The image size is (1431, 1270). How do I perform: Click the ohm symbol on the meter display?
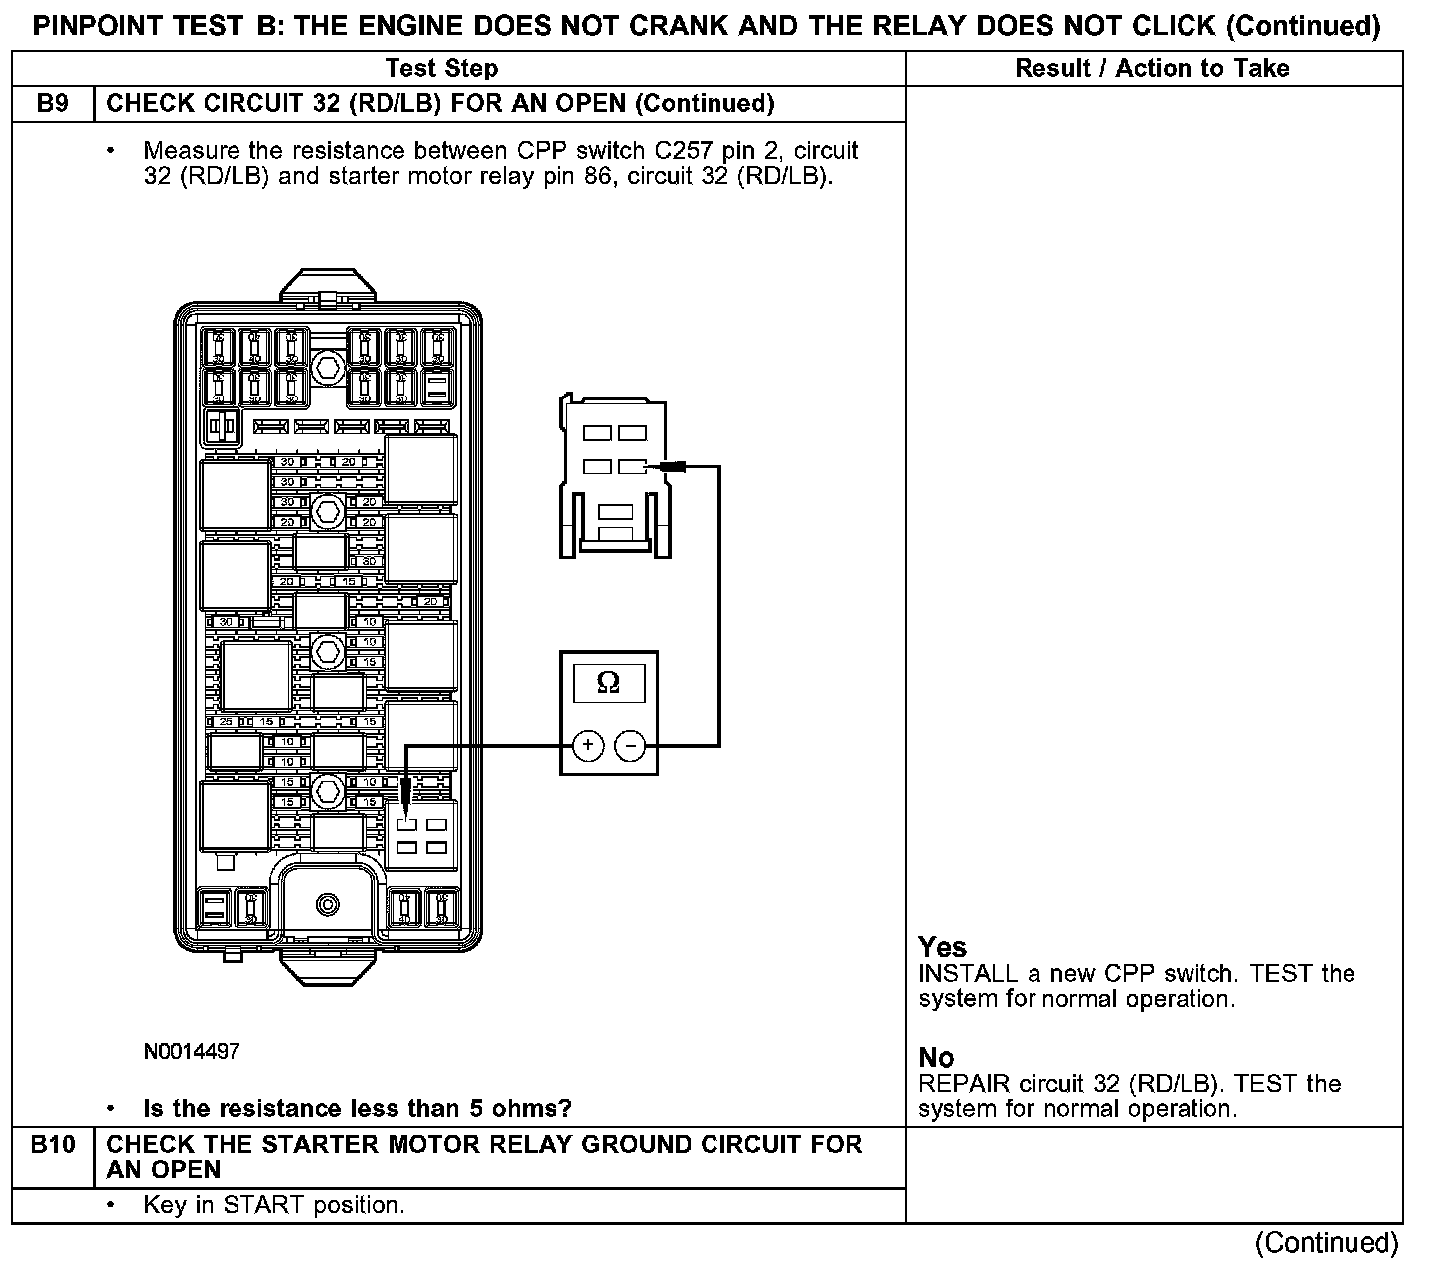(x=608, y=683)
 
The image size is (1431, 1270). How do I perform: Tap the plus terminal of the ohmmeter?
(x=588, y=744)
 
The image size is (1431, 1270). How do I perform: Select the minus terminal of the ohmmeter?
(x=630, y=744)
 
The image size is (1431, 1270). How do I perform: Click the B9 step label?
(x=52, y=103)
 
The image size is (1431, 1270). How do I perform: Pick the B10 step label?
(x=53, y=1145)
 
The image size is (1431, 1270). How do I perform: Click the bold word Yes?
(x=942, y=946)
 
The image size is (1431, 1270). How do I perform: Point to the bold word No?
(x=936, y=1057)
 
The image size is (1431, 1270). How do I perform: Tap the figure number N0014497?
(x=192, y=1051)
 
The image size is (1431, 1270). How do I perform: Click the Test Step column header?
(x=441, y=68)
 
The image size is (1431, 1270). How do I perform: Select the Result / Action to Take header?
(x=1152, y=68)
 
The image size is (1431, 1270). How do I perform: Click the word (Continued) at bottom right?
(x=1327, y=1242)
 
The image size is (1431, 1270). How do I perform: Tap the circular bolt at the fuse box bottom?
(x=326, y=904)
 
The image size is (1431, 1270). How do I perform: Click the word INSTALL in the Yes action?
(x=968, y=973)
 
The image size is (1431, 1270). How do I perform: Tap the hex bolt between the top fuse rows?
(x=325, y=367)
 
